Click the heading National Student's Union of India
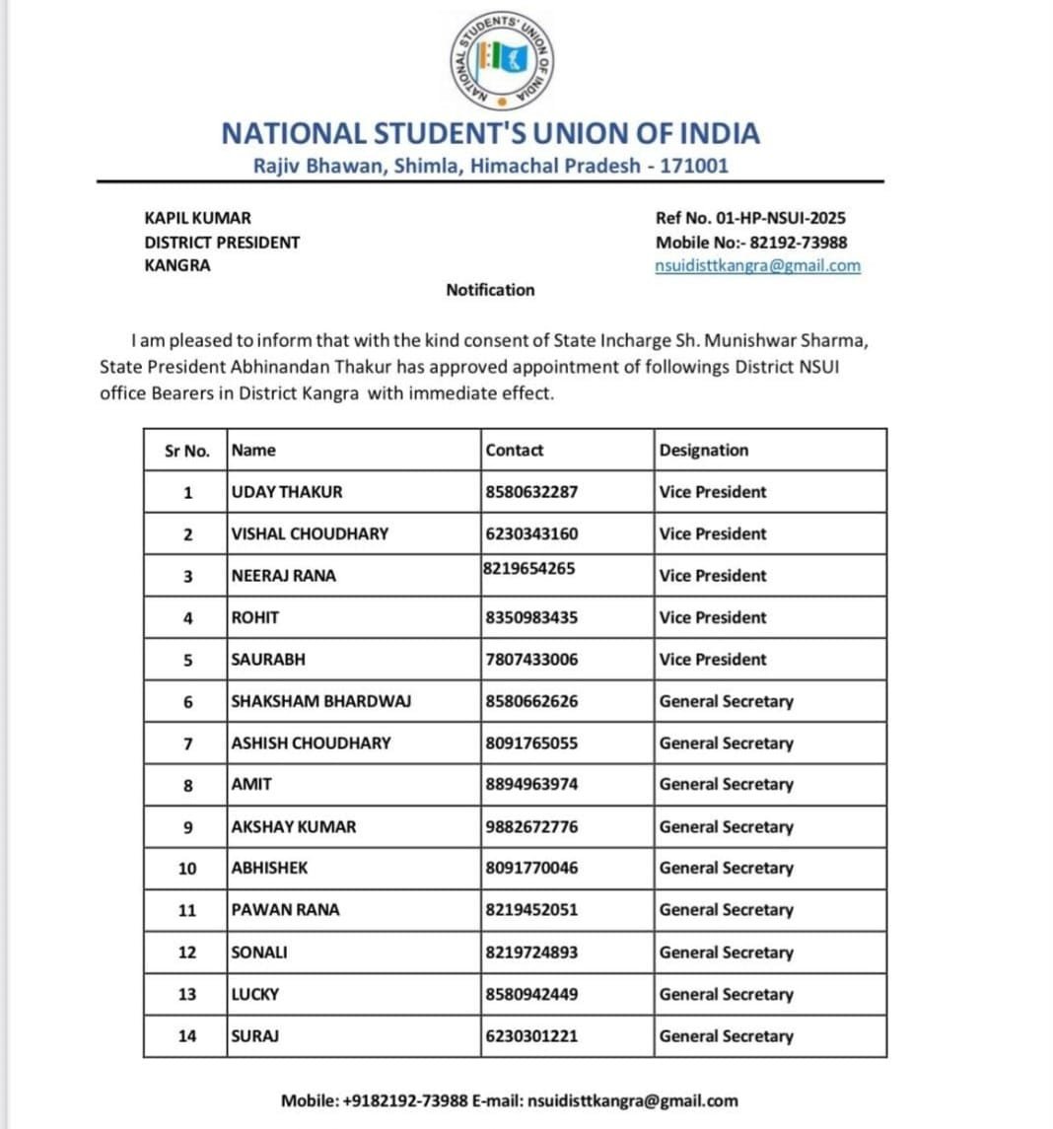tap(490, 133)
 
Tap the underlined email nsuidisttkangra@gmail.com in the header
tap(757, 265)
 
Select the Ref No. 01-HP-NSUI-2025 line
tap(750, 218)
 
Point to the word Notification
tap(490, 290)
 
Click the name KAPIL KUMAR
tap(197, 218)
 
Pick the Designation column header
tap(704, 451)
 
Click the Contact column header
tap(515, 451)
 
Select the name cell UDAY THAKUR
tap(287, 492)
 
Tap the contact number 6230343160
tap(531, 533)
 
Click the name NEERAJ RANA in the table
tap(283, 576)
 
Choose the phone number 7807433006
tap(531, 660)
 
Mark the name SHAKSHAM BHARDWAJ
tap(320, 701)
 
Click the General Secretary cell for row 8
tap(726, 785)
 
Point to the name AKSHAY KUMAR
tap(294, 827)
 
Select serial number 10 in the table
tap(187, 869)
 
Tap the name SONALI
tap(259, 953)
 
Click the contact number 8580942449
tap(531, 994)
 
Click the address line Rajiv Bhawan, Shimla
tap(490, 166)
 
